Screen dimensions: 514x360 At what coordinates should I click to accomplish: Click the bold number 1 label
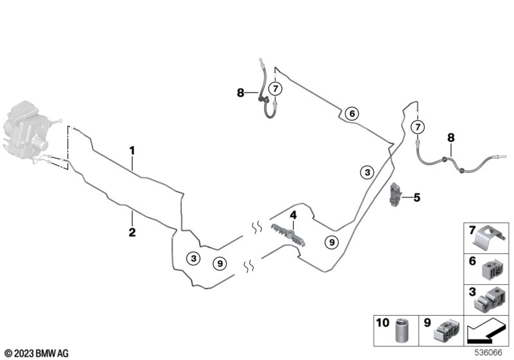(132, 151)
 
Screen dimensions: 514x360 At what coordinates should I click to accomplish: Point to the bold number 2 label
(132, 232)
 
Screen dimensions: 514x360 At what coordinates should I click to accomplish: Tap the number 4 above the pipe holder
(293, 215)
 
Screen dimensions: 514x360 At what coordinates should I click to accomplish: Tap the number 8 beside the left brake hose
(241, 93)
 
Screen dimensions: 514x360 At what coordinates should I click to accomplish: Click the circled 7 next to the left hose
(274, 89)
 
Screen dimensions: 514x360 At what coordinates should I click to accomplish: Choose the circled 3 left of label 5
(366, 172)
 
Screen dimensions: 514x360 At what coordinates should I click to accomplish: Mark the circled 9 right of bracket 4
(331, 242)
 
